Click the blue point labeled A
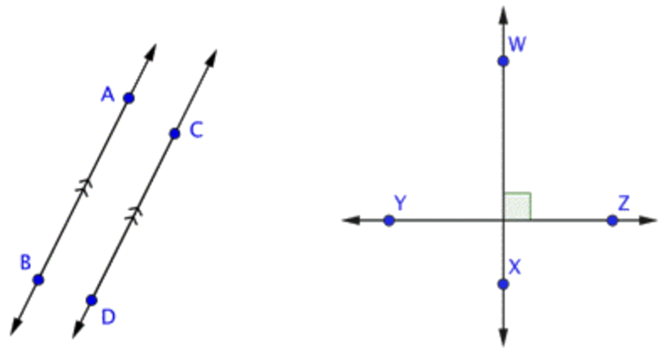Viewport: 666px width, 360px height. [x=128, y=98]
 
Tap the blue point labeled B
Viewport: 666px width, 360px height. [x=38, y=279]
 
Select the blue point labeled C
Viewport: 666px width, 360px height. [x=174, y=134]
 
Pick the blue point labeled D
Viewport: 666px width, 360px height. [x=92, y=299]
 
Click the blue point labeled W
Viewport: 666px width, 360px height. [x=503, y=61]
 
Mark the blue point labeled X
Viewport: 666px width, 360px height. [x=503, y=284]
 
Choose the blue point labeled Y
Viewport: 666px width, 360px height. [x=388, y=220]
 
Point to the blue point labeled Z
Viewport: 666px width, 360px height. [x=612, y=220]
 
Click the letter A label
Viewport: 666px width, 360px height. [x=108, y=95]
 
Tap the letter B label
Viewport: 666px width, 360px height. [x=25, y=263]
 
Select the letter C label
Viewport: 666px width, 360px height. [x=196, y=130]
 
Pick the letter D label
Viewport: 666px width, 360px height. [x=108, y=316]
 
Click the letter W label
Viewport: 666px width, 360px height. [x=517, y=44]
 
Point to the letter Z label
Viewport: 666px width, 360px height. [x=623, y=203]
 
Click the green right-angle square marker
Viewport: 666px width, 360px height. [x=517, y=206]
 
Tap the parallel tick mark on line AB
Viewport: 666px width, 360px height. [x=83, y=188]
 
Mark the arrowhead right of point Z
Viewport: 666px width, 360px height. [x=650, y=220]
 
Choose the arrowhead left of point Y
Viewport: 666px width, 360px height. [x=349, y=220]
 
